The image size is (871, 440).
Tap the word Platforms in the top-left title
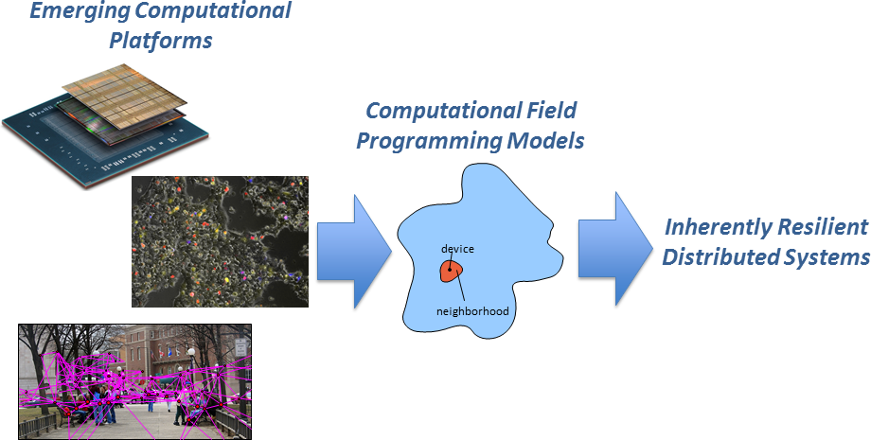pyautogui.click(x=161, y=41)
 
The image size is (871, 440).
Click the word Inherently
pyautogui.click(x=716, y=227)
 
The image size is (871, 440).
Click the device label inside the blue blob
pyautogui.click(x=457, y=249)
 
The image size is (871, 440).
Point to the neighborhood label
pyautogui.click(x=472, y=311)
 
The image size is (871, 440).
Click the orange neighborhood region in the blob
pyautogui.click(x=452, y=271)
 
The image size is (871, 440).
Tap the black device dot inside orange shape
pyautogui.click(x=450, y=270)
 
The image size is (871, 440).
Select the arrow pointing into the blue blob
pyautogui.click(x=354, y=252)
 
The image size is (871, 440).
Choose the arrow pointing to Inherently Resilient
pyautogui.click(x=615, y=249)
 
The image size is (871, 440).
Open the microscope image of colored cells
pyautogui.click(x=220, y=241)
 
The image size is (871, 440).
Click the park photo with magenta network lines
pyautogui.click(x=135, y=381)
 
